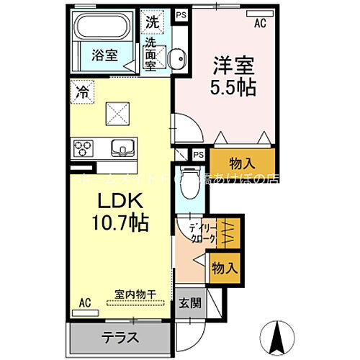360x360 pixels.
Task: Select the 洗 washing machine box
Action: point(153,22)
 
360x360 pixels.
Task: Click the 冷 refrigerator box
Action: point(82,92)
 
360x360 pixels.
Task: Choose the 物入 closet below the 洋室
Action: point(230,161)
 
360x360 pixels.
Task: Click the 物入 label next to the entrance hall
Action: point(224,268)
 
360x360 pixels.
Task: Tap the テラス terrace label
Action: point(120,336)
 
